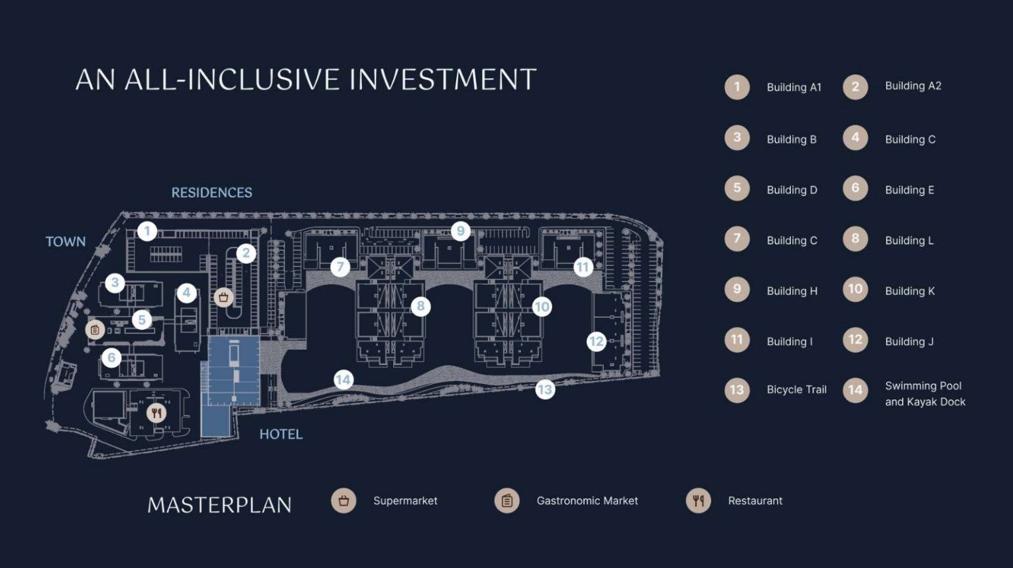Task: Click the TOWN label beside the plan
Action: (66, 242)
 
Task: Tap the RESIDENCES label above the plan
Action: (211, 193)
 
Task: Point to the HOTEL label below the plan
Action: (281, 435)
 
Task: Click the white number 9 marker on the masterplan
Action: (460, 232)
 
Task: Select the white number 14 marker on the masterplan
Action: (343, 380)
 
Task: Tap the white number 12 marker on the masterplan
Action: (596, 342)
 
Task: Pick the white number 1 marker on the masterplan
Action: (147, 232)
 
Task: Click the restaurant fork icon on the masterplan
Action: (156, 413)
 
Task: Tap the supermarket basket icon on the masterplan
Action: (223, 297)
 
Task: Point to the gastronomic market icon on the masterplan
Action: (95, 330)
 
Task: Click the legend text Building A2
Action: (913, 86)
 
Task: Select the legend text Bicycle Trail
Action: (796, 390)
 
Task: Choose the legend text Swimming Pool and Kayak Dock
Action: (925, 393)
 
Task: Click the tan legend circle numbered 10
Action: (855, 290)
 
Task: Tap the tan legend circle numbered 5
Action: (737, 188)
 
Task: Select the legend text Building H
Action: (792, 291)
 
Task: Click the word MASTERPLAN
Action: (219, 505)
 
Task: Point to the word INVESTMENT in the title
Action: (443, 80)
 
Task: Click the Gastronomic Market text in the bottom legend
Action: (587, 501)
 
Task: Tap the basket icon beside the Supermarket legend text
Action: (343, 501)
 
